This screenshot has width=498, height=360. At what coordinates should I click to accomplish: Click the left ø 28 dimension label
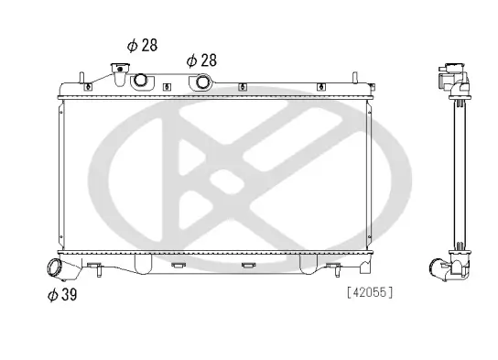(x=143, y=45)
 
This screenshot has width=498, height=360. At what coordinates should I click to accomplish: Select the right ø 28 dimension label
(x=201, y=60)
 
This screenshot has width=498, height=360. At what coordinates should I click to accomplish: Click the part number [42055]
(x=370, y=293)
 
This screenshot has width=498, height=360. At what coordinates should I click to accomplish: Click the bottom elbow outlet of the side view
(x=444, y=270)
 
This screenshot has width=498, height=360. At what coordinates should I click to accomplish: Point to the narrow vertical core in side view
(x=453, y=174)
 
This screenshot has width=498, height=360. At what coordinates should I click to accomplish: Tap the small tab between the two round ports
(x=167, y=87)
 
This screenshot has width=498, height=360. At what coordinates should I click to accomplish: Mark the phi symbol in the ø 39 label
(x=51, y=294)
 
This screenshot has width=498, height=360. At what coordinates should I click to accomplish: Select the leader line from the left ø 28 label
(x=121, y=54)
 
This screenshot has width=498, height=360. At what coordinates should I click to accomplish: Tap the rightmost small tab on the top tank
(x=370, y=87)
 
